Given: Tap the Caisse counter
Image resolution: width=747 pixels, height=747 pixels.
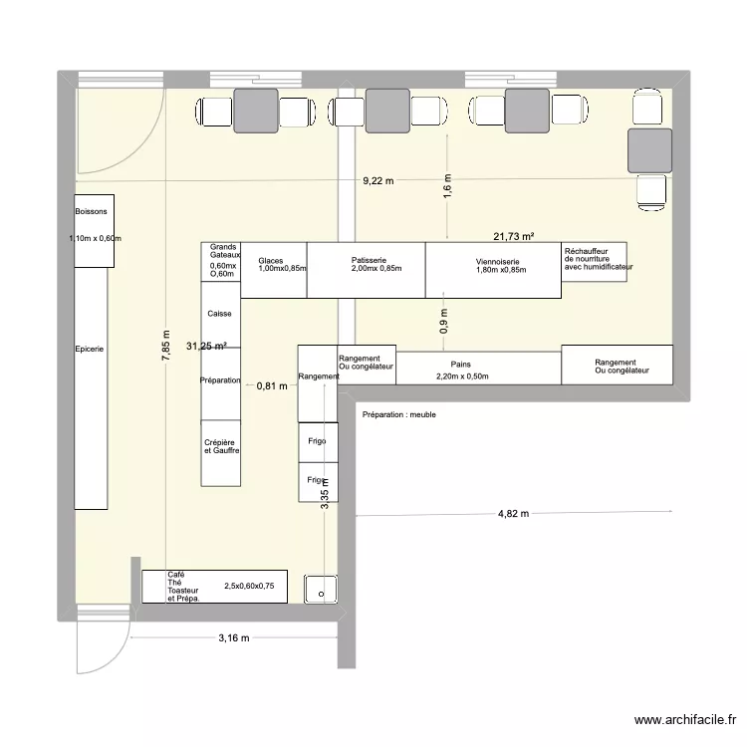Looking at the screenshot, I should pyautogui.click(x=220, y=314).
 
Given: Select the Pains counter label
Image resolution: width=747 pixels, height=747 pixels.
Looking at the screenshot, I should pyautogui.click(x=460, y=366).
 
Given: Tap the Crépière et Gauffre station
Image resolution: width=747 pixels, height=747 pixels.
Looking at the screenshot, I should pyautogui.click(x=220, y=446).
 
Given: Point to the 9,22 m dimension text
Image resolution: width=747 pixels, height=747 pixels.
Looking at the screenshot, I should pyautogui.click(x=377, y=181).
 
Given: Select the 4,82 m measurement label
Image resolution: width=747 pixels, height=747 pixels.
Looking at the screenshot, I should pyautogui.click(x=513, y=514).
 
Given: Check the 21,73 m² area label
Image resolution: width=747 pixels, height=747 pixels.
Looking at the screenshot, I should pyautogui.click(x=513, y=236).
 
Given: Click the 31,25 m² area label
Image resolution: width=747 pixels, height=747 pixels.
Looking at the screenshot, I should pyautogui.click(x=206, y=346).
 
